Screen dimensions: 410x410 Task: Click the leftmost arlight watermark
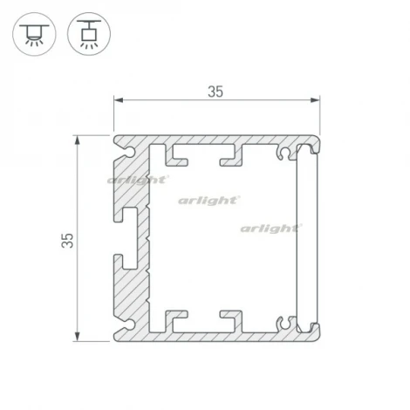tap(137, 180)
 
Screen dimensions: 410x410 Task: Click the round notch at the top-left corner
tap(130, 151)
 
